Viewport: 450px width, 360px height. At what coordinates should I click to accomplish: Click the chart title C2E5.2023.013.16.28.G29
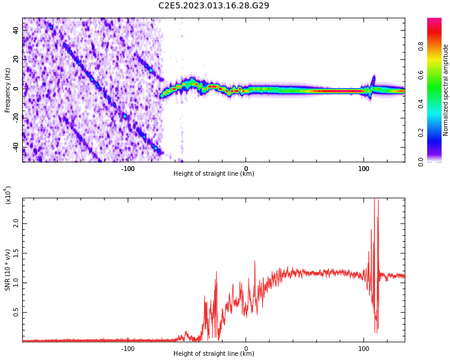(x=214, y=5)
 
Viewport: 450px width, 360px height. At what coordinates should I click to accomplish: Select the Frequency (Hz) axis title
(x=7, y=90)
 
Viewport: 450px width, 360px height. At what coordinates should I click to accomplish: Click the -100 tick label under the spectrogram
(x=127, y=168)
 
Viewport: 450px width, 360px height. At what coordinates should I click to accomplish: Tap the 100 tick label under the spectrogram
(x=364, y=168)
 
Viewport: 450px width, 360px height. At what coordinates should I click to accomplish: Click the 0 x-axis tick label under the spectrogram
(x=245, y=168)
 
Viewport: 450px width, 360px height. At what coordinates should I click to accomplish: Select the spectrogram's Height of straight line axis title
(x=214, y=174)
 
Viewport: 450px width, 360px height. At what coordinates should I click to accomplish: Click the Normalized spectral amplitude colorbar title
(x=446, y=90)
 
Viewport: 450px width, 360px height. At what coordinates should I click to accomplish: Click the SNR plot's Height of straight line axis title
(x=214, y=354)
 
